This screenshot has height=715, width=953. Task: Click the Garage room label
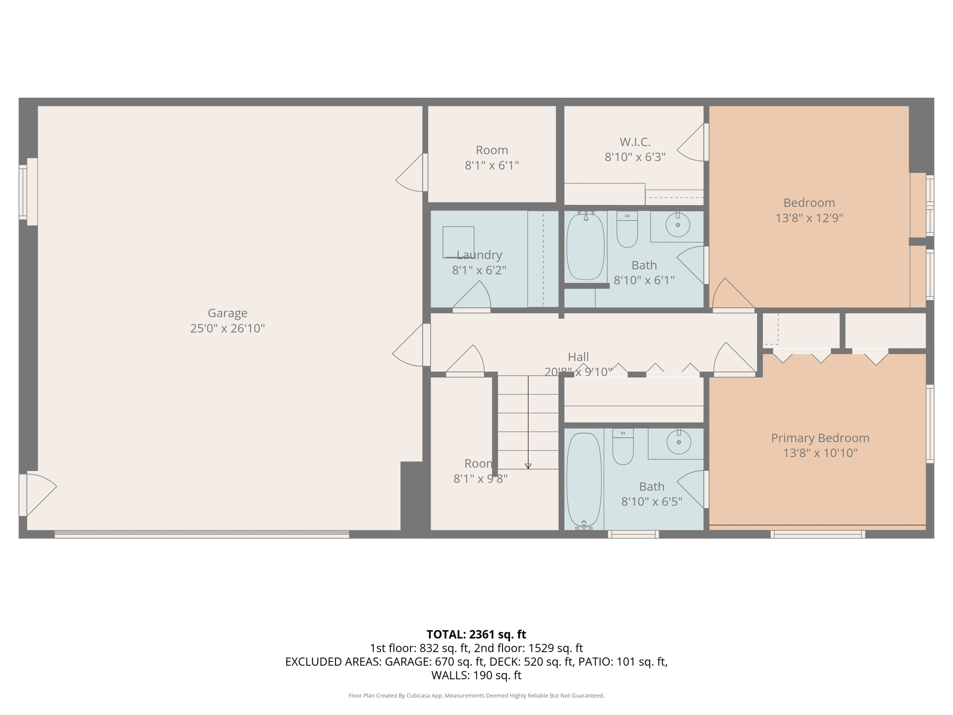pos(227,313)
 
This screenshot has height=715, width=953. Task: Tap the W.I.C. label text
pos(635,142)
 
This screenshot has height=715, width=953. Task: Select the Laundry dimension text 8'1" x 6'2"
pos(479,270)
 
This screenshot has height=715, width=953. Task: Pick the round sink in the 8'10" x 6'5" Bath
pos(678,441)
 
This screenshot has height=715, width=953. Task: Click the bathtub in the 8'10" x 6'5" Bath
pos(584,479)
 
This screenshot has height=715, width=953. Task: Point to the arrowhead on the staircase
pos(528,466)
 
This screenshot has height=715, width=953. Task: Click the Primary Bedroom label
pos(820,438)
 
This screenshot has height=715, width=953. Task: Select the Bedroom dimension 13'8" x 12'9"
pos(809,218)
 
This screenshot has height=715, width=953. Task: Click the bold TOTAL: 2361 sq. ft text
pos(476,634)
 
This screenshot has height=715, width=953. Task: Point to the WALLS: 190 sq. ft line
pos(476,675)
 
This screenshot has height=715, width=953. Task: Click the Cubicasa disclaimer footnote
pos(476,696)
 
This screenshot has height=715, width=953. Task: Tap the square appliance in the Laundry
pos(458,242)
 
